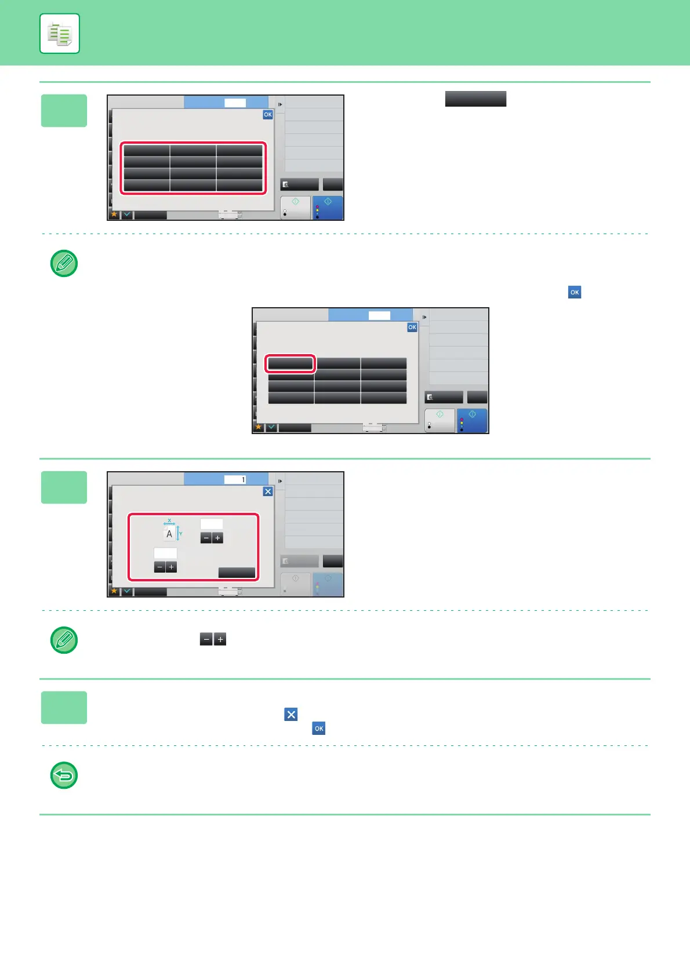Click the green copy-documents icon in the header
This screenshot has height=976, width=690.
pyautogui.click(x=60, y=34)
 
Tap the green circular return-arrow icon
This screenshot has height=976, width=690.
pyautogui.click(x=64, y=775)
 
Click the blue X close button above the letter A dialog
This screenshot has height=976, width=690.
pyautogui.click(x=268, y=491)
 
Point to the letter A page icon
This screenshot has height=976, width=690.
pyautogui.click(x=169, y=534)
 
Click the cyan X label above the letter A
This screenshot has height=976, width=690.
pyautogui.click(x=169, y=520)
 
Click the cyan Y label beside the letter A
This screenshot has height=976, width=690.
pyautogui.click(x=181, y=534)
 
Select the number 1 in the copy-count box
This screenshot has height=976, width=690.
pyautogui.click(x=243, y=480)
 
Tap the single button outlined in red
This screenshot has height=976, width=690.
pyautogui.click(x=290, y=363)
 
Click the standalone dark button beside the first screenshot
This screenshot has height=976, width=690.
pyautogui.click(x=475, y=99)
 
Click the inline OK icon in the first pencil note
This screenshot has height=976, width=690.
pyautogui.click(x=575, y=292)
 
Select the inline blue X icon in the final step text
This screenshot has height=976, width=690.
pyautogui.click(x=291, y=714)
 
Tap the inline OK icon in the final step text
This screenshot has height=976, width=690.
pyautogui.click(x=319, y=729)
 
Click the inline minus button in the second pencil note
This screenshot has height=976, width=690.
pyautogui.click(x=206, y=639)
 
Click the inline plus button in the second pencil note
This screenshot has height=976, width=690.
pyautogui.click(x=220, y=639)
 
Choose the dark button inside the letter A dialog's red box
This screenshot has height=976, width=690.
pyautogui.click(x=237, y=573)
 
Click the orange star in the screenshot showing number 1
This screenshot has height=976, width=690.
pyautogui.click(x=114, y=591)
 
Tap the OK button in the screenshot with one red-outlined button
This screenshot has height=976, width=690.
pyautogui.click(x=412, y=327)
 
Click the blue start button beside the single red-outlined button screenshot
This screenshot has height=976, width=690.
pyautogui.click(x=472, y=420)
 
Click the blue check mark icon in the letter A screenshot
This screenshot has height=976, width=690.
pyautogui.click(x=127, y=591)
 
